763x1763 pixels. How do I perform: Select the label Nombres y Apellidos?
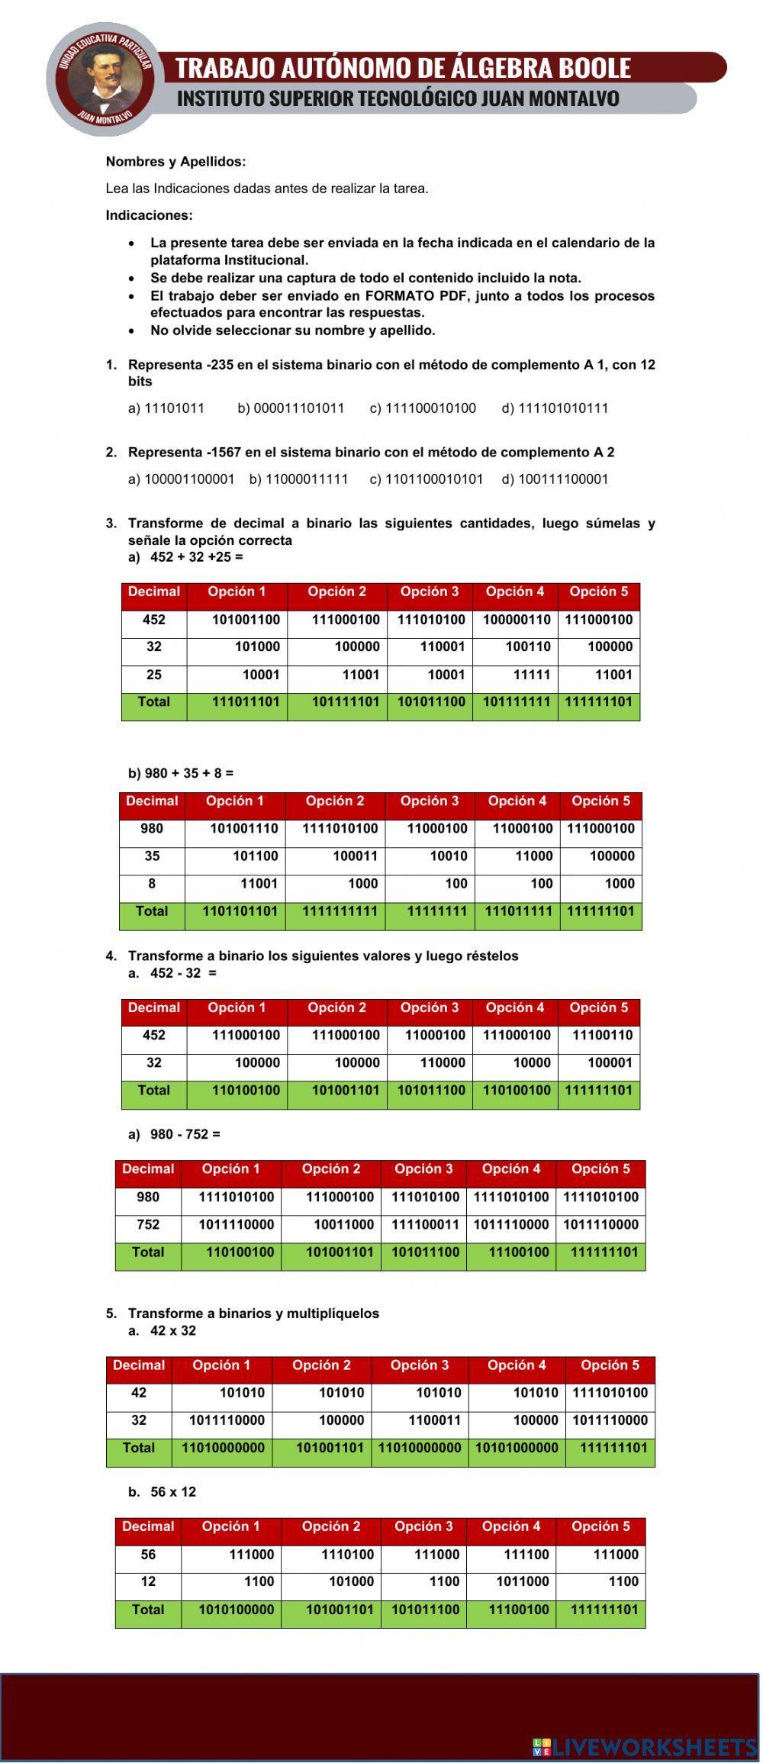pos(175,162)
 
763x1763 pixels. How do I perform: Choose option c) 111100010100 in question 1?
pos(423,408)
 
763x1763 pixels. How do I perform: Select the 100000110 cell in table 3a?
pos(516,620)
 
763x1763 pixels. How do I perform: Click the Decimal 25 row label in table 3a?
pos(153,675)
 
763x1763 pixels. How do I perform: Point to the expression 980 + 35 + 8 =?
pos(181,773)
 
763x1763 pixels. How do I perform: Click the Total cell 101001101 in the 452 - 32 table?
pos(345,1091)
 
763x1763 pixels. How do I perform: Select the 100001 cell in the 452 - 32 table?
pos(610,1063)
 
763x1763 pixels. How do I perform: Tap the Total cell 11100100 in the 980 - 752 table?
pos(518,1252)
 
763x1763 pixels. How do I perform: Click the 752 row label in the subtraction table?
pos(148,1225)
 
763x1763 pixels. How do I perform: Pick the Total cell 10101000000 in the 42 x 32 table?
pos(517,1449)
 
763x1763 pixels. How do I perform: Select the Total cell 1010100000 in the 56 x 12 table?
pos(236,1610)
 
